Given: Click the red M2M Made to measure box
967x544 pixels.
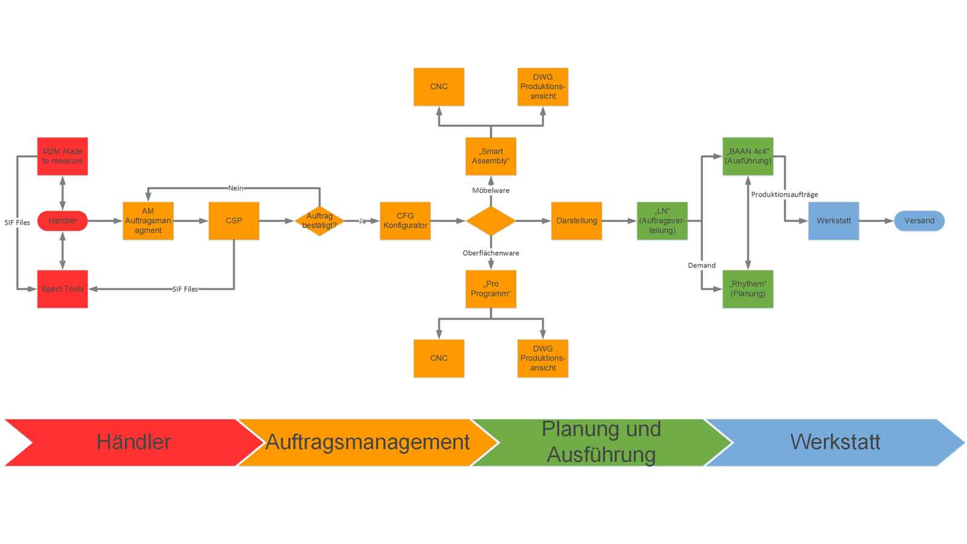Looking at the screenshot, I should click(x=62, y=156).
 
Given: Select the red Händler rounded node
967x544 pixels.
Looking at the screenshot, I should click(x=62, y=221).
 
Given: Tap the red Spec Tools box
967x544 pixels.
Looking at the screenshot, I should click(x=62, y=289).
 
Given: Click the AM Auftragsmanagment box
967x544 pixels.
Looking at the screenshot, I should click(x=148, y=221).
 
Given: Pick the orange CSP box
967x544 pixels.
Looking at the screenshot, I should click(x=234, y=221).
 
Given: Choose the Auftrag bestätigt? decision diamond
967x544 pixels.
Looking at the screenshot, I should click(x=319, y=221).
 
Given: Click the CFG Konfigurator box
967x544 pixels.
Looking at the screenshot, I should click(x=405, y=221).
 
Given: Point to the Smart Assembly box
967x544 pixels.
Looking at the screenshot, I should click(x=491, y=156).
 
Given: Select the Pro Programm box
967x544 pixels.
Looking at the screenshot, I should click(x=491, y=289).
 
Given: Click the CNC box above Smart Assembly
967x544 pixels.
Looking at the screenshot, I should click(x=439, y=86).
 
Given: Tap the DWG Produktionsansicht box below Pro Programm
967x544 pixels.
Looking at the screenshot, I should click(x=543, y=358).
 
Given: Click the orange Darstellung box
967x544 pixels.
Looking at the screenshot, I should click(x=577, y=221).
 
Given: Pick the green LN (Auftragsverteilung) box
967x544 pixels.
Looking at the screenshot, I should click(x=662, y=221).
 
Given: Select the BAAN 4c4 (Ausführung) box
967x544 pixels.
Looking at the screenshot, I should click(x=748, y=156).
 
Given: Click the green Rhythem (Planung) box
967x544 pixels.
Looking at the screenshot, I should click(x=748, y=289).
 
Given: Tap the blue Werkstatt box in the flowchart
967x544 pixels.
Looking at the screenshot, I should click(x=833, y=221).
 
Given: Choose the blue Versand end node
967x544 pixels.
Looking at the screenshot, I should click(x=919, y=221).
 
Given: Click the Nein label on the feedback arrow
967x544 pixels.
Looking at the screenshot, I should click(x=236, y=188).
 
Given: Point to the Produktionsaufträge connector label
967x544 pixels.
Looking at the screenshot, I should click(x=784, y=194).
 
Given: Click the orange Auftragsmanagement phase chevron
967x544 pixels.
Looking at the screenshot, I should click(x=367, y=442).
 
